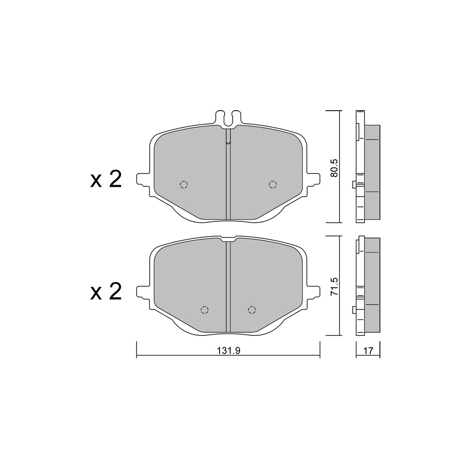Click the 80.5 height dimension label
pos(334,167)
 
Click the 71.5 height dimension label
pos(334,287)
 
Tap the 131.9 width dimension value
pos(229,351)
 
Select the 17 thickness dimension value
pos(369,351)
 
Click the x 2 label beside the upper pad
pos(106,180)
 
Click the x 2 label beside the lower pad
pos(106,292)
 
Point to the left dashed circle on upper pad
pos(184,184)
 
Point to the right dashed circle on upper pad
pos(272,184)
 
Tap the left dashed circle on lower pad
pos(204,310)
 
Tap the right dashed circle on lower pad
pos(252,310)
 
